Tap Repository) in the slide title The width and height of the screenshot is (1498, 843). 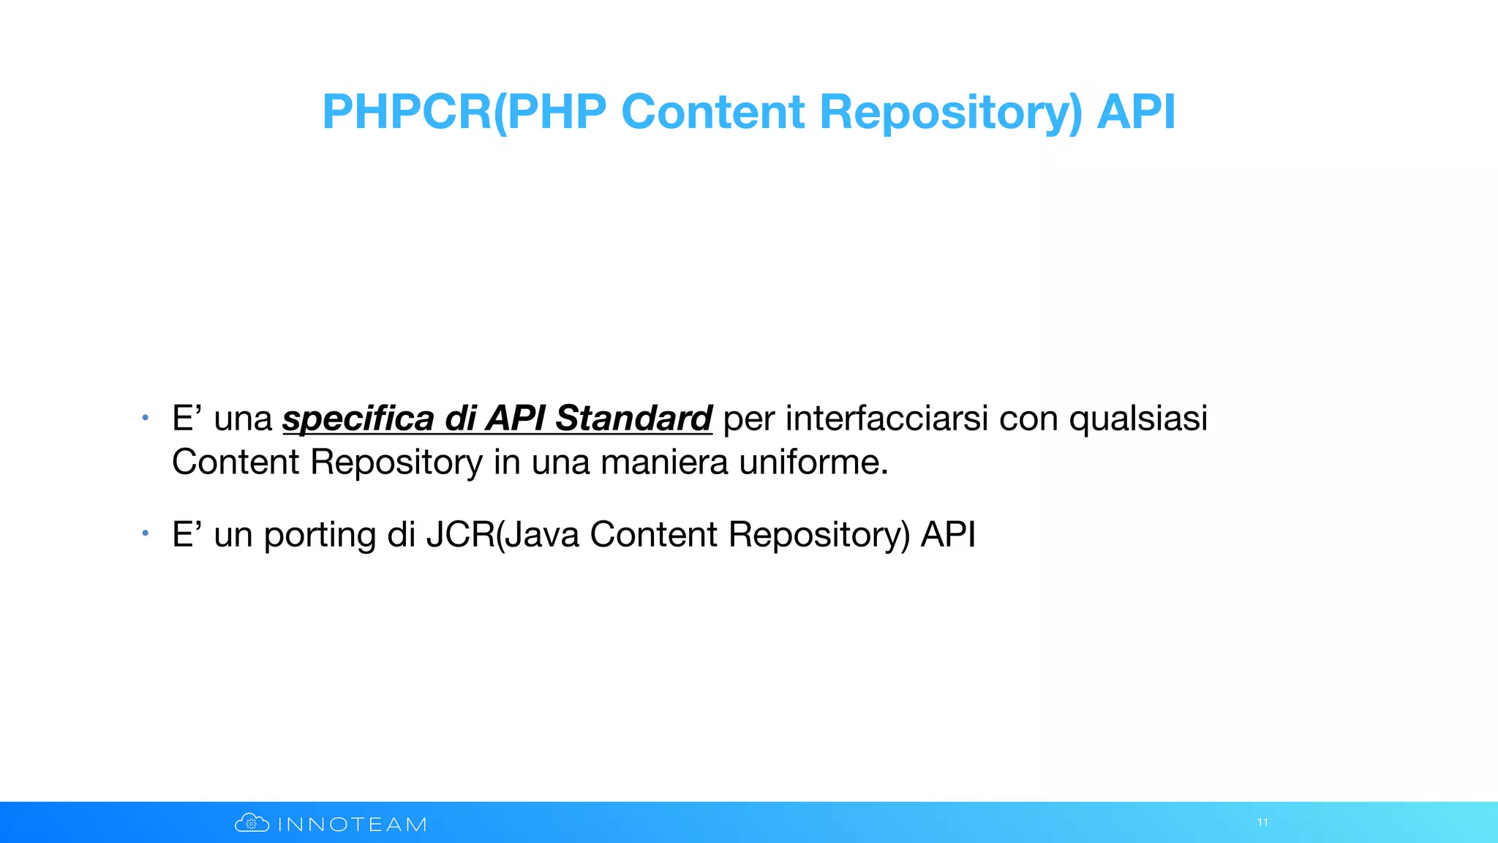(x=950, y=113)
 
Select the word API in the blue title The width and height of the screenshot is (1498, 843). (x=1136, y=112)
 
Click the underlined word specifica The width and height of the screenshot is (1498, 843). (x=358, y=419)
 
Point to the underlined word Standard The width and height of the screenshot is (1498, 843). (x=633, y=419)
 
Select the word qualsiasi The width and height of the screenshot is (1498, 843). (x=1138, y=420)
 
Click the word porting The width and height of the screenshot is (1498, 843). (x=320, y=536)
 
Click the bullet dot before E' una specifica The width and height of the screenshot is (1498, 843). (x=146, y=418)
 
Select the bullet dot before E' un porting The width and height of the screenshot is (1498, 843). (x=146, y=533)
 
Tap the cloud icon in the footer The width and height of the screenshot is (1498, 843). (x=252, y=823)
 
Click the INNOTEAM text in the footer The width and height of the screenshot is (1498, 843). (x=352, y=825)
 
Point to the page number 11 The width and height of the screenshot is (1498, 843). (x=1262, y=823)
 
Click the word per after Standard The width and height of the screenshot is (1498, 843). (x=749, y=420)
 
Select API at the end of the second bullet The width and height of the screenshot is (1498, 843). (x=948, y=534)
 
